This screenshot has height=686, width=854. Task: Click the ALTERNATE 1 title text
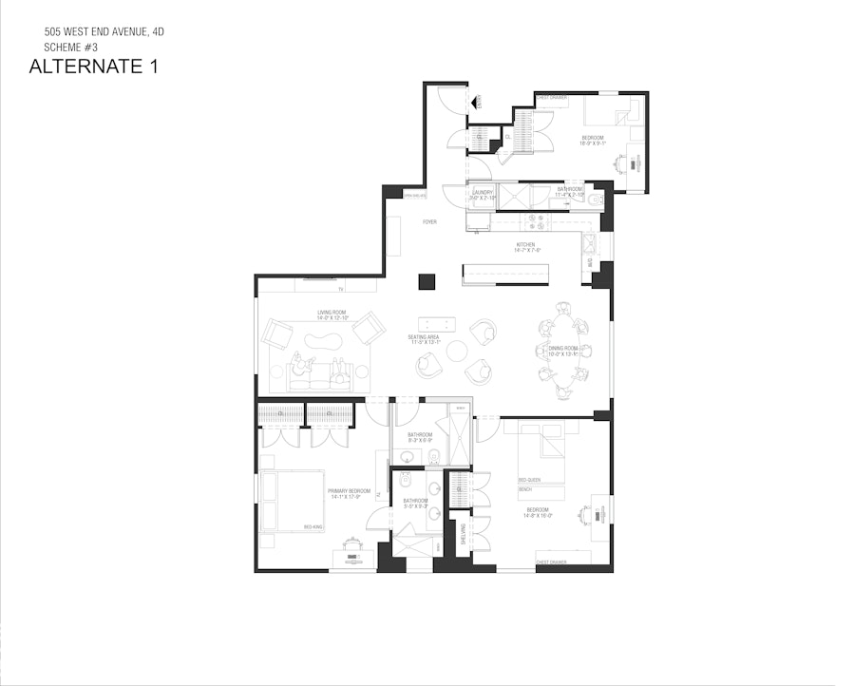point(93,67)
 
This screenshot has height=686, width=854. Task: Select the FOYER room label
point(429,221)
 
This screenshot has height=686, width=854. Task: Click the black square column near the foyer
point(427,281)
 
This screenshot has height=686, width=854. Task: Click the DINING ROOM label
point(563,350)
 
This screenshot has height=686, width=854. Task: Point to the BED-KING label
point(313,526)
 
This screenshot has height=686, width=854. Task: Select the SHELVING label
point(464,532)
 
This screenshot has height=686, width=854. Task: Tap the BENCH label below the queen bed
point(524,489)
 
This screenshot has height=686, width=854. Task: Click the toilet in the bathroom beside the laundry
point(594,200)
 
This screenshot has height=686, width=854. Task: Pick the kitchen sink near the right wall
point(589,238)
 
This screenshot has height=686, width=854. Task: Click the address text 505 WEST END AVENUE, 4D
point(104,31)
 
